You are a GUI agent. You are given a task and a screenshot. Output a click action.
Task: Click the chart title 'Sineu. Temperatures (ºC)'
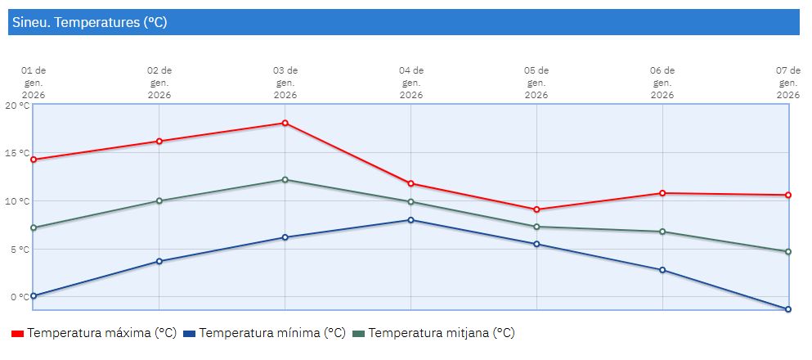pyautogui.click(x=90, y=23)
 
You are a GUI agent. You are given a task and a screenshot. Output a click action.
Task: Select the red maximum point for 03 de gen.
pyautogui.click(x=285, y=123)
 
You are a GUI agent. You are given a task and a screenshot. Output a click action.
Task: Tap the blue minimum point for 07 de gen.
pyautogui.click(x=788, y=309)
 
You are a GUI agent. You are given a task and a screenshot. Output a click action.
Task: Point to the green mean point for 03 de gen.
pyautogui.click(x=285, y=179)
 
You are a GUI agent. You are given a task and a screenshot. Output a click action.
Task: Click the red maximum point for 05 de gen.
pyautogui.click(x=536, y=209)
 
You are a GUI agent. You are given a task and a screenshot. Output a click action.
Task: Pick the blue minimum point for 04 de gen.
pyautogui.click(x=410, y=219)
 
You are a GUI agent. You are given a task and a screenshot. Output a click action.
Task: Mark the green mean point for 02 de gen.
pyautogui.click(x=159, y=200)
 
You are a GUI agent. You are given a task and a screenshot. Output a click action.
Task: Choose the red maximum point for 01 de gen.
pyautogui.click(x=34, y=160)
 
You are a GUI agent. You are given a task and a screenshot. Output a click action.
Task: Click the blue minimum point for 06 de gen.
pyautogui.click(x=662, y=270)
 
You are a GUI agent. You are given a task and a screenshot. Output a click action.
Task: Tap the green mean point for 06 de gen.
pyautogui.click(x=662, y=232)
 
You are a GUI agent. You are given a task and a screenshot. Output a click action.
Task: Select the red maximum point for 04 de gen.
pyautogui.click(x=410, y=183)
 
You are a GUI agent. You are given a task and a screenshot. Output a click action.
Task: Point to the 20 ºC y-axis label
pyautogui.click(x=16, y=106)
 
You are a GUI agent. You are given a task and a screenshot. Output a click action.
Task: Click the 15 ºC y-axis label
pyautogui.click(x=16, y=153)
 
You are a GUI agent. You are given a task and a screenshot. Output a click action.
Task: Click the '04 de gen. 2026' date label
pyautogui.click(x=410, y=83)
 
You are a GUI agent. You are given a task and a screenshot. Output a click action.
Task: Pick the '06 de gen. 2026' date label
pyautogui.click(x=662, y=83)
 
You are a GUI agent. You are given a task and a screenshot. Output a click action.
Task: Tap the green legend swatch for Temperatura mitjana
pyautogui.click(x=358, y=334)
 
